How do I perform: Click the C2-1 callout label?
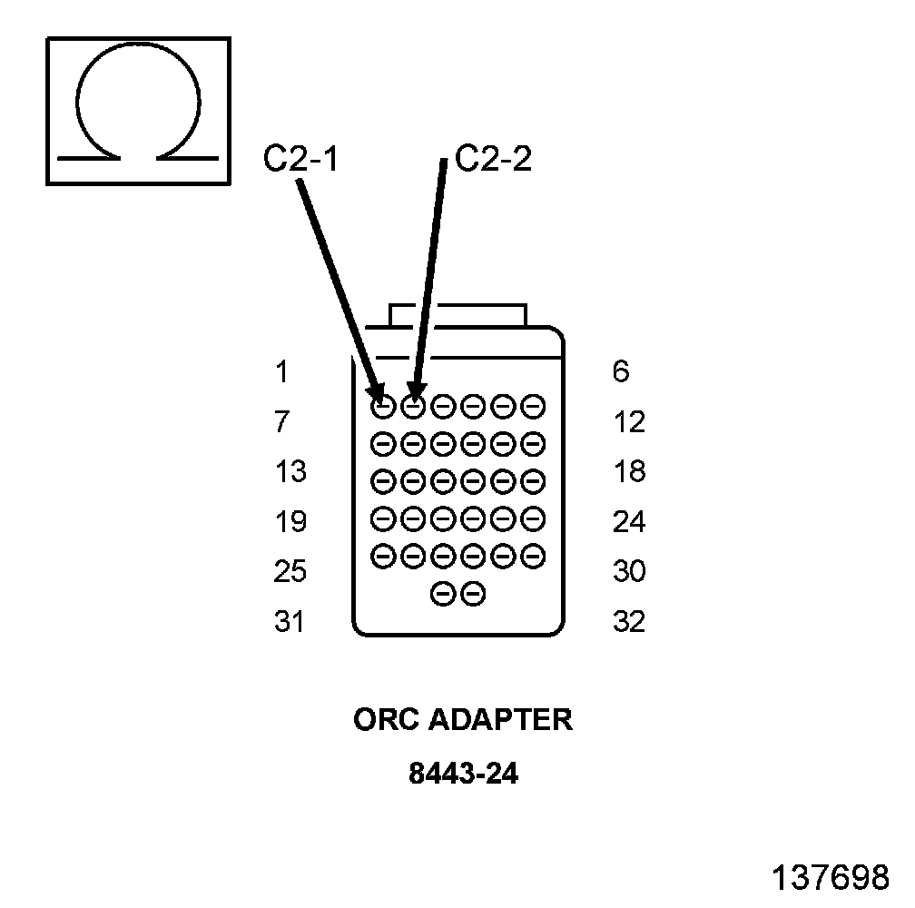point(300,160)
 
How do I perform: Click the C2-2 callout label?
point(493,159)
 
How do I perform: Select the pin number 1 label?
point(281,372)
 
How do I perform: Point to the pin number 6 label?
point(621,372)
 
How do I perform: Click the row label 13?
point(290,472)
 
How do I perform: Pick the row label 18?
point(629,472)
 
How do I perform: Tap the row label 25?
point(290,572)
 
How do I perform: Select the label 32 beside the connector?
point(629,622)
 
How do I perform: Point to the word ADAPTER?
point(500,719)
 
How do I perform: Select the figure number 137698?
point(830,877)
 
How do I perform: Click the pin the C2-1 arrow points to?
point(383,406)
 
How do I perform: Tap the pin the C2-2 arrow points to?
point(413,406)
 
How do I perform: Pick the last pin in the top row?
point(534,406)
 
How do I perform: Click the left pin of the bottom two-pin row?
point(443,595)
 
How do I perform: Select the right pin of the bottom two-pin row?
point(473,595)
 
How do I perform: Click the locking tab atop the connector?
point(457,315)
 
